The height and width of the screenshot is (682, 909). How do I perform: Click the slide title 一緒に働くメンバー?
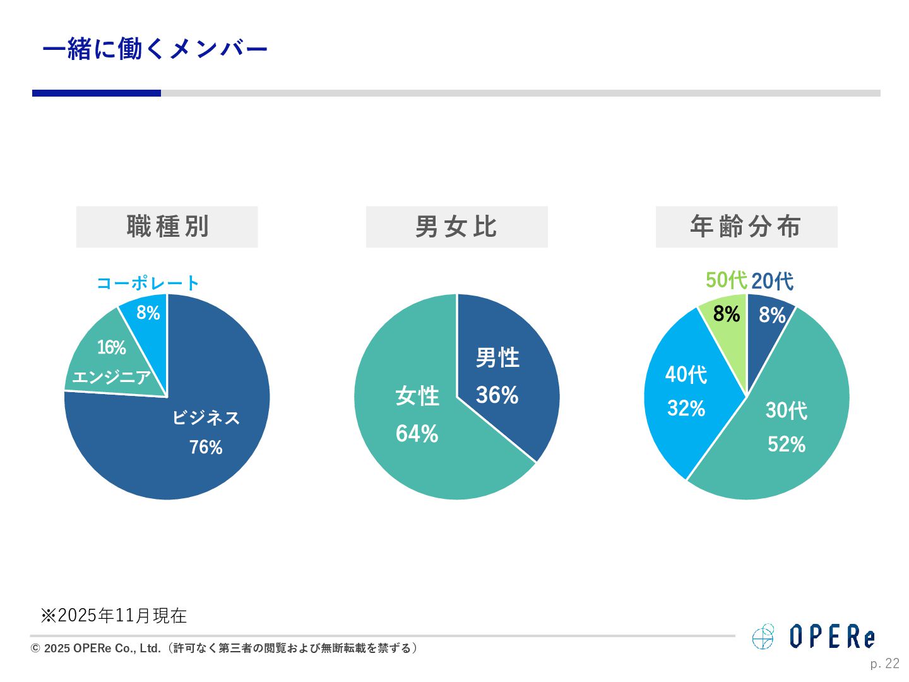click(x=155, y=49)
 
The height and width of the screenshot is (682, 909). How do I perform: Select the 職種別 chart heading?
click(x=167, y=227)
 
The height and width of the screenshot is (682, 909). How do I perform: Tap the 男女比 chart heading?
click(x=456, y=227)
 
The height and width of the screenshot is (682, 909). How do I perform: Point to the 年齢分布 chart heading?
click(x=746, y=227)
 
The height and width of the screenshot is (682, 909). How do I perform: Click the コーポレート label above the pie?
click(x=148, y=283)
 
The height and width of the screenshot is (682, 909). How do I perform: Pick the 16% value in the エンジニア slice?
click(x=112, y=347)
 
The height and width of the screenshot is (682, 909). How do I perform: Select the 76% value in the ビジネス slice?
click(x=206, y=447)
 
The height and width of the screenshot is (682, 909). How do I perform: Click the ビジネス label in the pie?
click(x=206, y=417)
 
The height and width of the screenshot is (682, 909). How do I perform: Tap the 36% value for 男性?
click(x=497, y=395)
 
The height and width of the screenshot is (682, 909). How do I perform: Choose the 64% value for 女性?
click(x=417, y=434)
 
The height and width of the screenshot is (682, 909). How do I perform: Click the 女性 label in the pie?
click(x=417, y=397)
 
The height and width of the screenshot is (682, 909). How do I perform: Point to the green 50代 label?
click(x=726, y=280)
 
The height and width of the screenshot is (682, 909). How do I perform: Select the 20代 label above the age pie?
click(x=772, y=281)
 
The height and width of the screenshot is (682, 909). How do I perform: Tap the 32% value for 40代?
click(x=686, y=409)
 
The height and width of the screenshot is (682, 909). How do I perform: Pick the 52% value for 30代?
click(x=787, y=445)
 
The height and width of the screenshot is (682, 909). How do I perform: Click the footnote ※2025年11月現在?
click(x=114, y=616)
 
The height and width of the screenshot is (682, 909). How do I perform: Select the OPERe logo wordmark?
click(x=832, y=637)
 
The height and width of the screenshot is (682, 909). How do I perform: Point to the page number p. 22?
click(x=884, y=664)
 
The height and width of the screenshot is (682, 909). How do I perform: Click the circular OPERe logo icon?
click(x=763, y=637)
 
